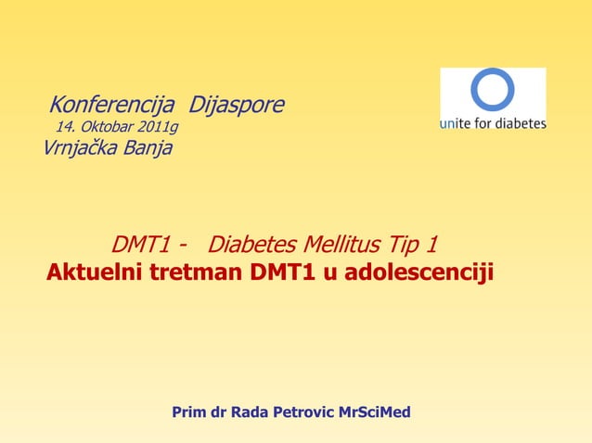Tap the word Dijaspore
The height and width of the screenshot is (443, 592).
click(237, 105)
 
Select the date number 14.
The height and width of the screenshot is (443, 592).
click(65, 127)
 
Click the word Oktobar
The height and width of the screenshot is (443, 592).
click(109, 127)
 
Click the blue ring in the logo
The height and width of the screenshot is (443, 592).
click(492, 90)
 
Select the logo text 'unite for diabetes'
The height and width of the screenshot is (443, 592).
click(493, 123)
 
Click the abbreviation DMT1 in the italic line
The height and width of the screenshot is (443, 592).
click(142, 245)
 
